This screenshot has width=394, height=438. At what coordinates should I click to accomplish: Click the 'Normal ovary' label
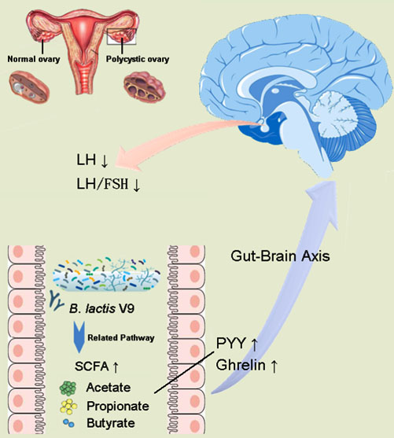pos(34,59)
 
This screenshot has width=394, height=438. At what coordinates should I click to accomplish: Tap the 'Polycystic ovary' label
pos(138,59)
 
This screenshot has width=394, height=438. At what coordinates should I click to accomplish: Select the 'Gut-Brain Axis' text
pos(280,256)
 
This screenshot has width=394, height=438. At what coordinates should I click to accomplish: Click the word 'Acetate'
pos(109,388)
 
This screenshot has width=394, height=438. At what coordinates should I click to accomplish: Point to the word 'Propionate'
pos(118,406)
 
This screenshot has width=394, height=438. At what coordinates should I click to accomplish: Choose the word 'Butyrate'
pos(111,423)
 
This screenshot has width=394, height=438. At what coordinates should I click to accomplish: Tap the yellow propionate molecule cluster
pos(68,407)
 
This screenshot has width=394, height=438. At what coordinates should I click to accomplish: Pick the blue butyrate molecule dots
pos(68,423)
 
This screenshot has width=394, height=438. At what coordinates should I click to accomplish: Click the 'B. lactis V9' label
pos(102,309)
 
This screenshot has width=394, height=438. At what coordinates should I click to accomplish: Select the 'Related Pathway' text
pos(121,337)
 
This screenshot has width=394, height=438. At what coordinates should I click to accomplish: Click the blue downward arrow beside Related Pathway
pos(79,337)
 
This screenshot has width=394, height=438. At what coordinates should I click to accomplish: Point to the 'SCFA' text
pos(92,366)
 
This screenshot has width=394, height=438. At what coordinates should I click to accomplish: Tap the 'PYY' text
pos(231,344)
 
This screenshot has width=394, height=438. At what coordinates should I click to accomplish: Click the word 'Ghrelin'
pos(241,365)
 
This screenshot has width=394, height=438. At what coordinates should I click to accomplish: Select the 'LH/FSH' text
pos(102,184)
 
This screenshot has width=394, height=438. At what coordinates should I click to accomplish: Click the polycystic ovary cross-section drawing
pos(145,86)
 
